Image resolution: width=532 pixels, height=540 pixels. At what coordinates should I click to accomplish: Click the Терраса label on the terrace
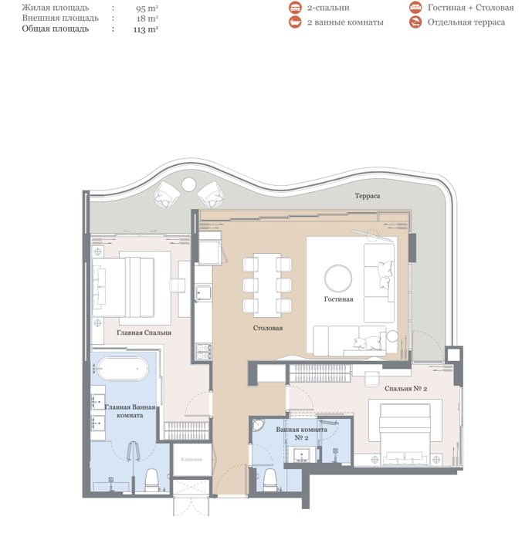[368, 196]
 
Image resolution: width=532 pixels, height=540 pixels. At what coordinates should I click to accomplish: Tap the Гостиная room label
[338, 299]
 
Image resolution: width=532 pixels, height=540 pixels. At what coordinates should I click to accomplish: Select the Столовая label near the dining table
[268, 328]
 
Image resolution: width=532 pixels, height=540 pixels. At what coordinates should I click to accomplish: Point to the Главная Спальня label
[144, 332]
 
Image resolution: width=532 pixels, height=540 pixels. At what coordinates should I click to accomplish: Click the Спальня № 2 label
[406, 389]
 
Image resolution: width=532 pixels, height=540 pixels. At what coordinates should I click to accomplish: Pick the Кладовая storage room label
[191, 460]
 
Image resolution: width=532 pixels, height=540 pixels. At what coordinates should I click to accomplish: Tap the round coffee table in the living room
[338, 278]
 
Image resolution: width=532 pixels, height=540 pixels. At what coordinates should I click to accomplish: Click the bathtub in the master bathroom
[123, 369]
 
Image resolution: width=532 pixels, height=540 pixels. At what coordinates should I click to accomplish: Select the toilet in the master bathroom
[151, 480]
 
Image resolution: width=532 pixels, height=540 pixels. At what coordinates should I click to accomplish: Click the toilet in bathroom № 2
[270, 480]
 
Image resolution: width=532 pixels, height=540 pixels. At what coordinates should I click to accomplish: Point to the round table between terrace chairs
[188, 184]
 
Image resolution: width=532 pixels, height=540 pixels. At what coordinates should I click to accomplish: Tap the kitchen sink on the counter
[203, 293]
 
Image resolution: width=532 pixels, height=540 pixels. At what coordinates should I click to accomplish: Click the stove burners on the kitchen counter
[203, 352]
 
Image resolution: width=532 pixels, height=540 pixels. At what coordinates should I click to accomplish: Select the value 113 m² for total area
[145, 29]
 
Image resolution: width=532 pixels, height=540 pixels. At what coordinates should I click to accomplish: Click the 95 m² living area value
[147, 8]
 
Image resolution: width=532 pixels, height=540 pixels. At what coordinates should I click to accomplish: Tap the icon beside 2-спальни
[295, 8]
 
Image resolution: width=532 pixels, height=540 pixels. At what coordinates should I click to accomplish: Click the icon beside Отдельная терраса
[415, 22]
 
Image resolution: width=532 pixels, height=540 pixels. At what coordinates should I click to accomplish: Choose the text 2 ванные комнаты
[345, 22]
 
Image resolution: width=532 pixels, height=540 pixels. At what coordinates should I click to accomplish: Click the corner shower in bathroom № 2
[258, 425]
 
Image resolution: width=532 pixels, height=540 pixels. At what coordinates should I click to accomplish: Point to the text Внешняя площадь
[60, 18]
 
